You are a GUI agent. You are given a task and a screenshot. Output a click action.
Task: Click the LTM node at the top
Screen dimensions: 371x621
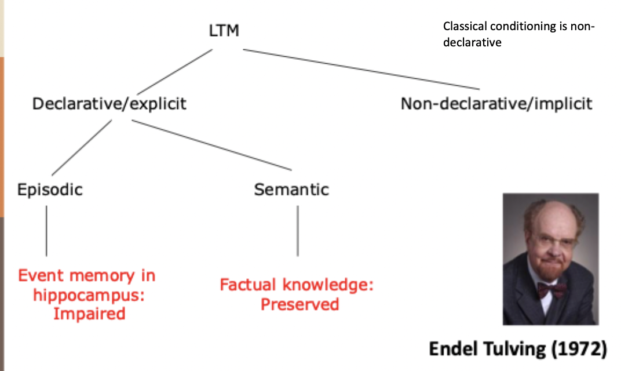click(224, 31)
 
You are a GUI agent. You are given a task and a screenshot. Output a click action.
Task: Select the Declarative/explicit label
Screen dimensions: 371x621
click(109, 104)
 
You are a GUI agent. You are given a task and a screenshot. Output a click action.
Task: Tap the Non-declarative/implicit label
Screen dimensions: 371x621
click(496, 104)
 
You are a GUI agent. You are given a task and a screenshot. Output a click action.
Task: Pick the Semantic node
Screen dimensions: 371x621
click(291, 190)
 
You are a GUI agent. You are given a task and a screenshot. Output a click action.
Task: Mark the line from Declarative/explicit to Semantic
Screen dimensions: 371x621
click(211, 145)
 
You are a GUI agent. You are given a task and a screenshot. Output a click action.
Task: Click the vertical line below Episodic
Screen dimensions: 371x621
click(46, 231)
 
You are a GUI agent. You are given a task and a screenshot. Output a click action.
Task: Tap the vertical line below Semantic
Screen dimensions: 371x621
click(298, 231)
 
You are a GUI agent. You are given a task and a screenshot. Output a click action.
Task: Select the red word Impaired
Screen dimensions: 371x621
click(89, 314)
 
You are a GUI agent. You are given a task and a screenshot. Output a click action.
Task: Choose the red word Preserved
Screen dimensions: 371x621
click(299, 304)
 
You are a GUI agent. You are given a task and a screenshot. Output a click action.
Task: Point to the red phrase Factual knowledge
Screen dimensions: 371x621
click(297, 285)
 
